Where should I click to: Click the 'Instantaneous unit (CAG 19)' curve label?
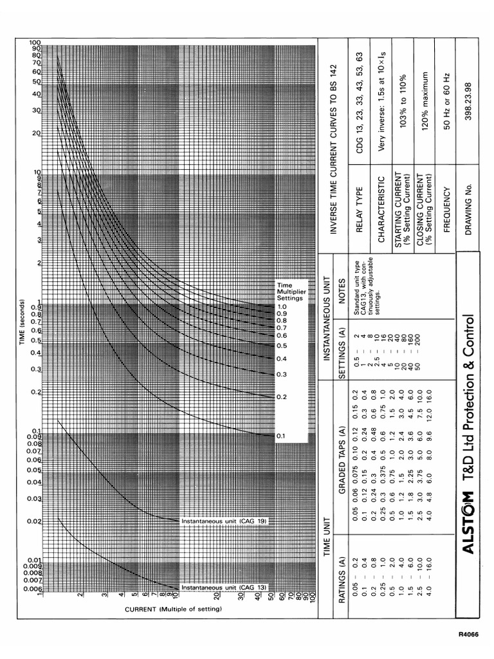tap(224, 520)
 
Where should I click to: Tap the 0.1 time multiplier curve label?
tap(280, 436)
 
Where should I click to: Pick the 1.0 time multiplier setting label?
tap(282, 307)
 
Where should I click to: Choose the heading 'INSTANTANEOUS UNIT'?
tap(327, 318)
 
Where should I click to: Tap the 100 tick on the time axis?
tap(35, 42)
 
